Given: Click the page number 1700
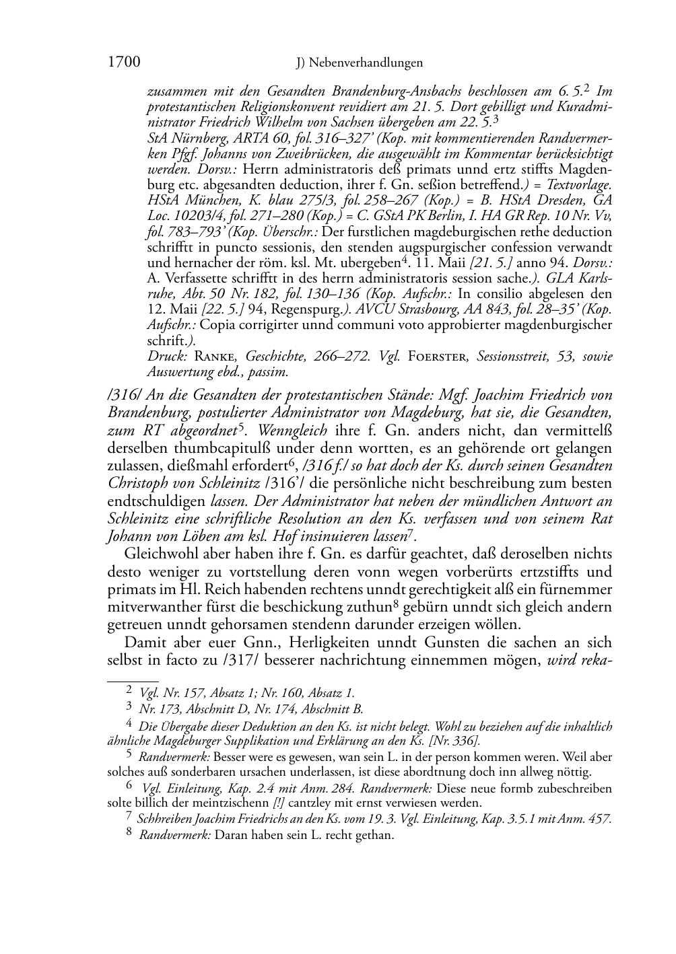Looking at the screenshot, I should pos(124,63).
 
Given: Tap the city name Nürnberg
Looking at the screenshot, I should pos(196,138).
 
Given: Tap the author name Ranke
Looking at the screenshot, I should pos(216,357).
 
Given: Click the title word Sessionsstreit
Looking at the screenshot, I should pos(511,357).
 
